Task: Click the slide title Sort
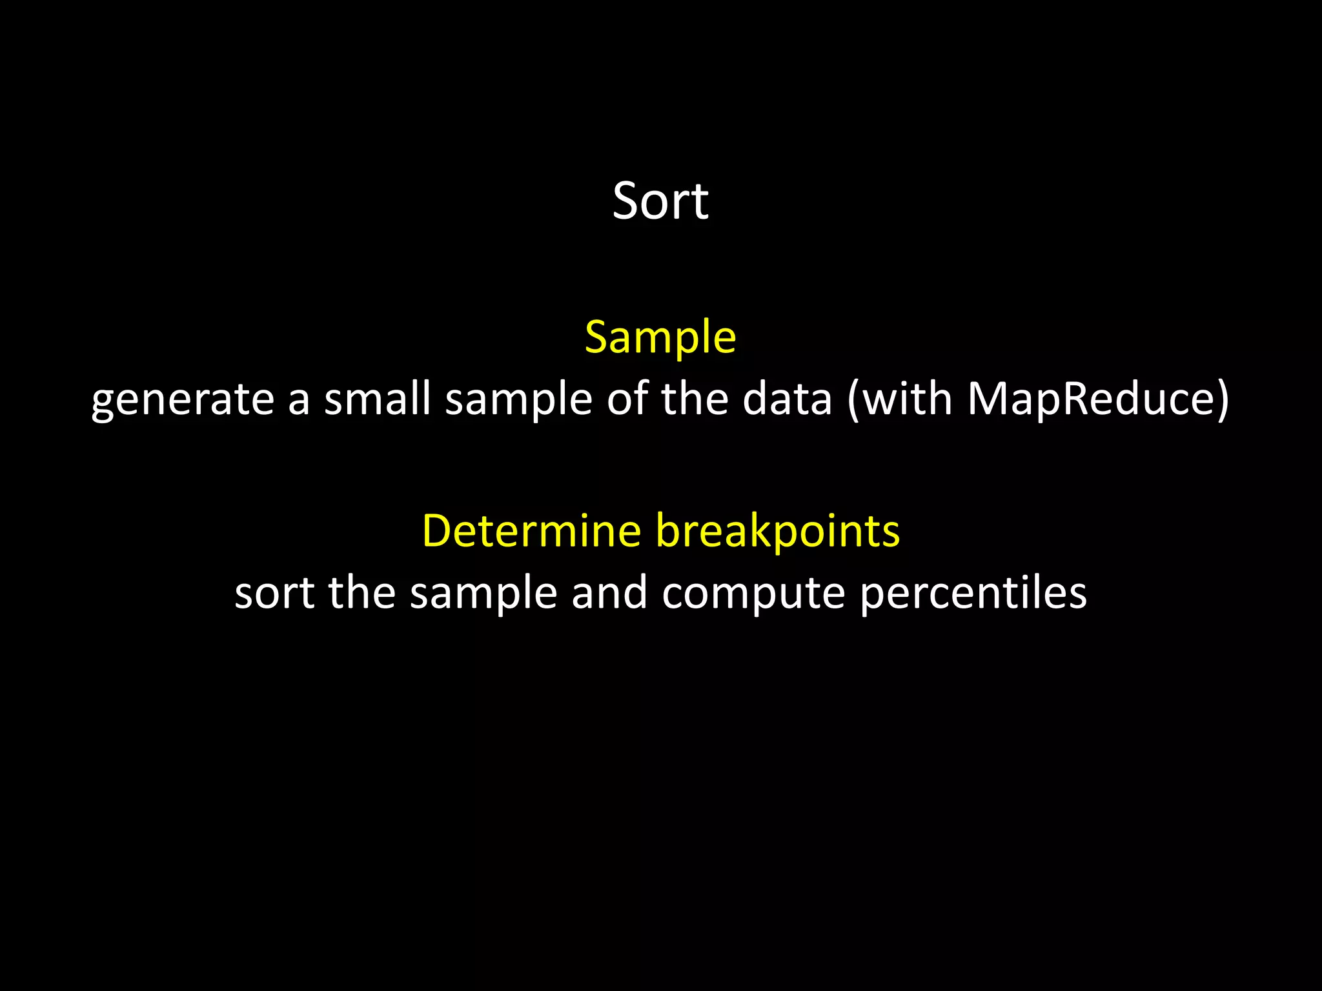660,201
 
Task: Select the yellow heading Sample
660,337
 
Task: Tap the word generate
183,400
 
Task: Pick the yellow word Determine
531,530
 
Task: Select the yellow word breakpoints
778,532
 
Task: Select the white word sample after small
518,400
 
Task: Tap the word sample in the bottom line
483,594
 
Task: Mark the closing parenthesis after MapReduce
1222,399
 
